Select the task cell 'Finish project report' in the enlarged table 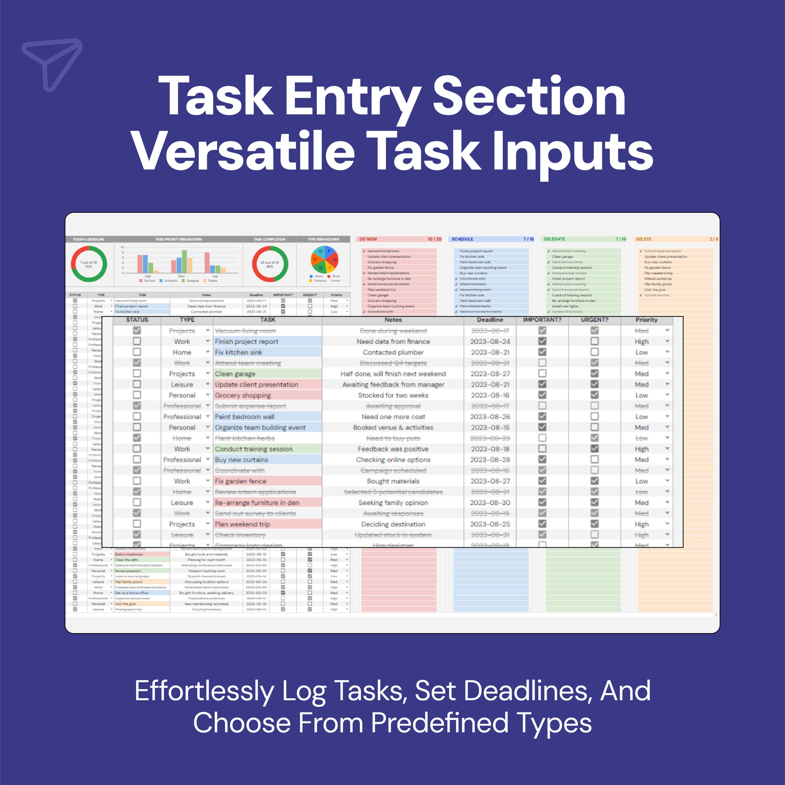pos(246,342)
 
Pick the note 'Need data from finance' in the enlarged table pos(393,342)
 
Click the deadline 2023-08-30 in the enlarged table pos(490,503)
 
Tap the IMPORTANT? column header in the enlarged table pos(542,320)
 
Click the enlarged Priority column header pos(646,320)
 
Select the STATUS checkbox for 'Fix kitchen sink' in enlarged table pos(137,352)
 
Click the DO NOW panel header pos(368,239)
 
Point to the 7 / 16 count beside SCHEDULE pos(528,239)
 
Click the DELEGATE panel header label pos(554,239)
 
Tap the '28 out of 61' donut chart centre pos(270,264)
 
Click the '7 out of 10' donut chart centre pos(89,264)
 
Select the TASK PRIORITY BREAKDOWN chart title pos(179,239)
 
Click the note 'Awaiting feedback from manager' pos(393,384)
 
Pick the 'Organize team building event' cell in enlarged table pos(260,427)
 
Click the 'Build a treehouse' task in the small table pos(129,554)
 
